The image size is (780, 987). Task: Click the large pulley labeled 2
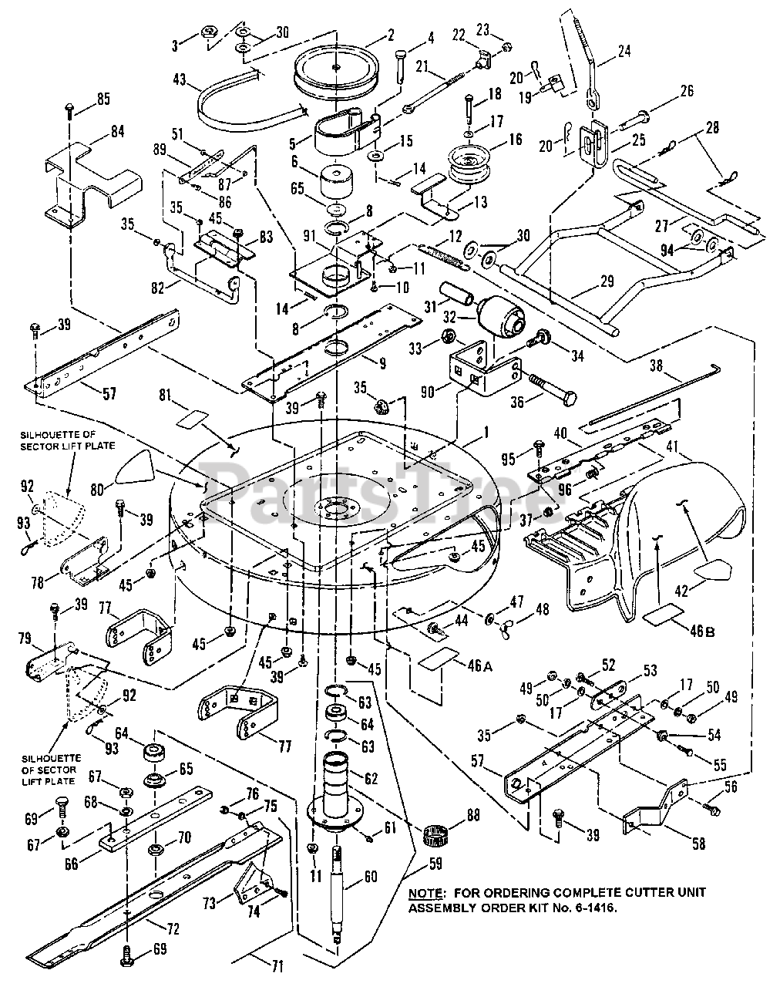[x=336, y=69]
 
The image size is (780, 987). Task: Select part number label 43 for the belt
[x=180, y=79]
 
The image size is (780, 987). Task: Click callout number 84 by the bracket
[x=117, y=132]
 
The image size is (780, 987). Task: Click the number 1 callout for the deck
[x=486, y=432]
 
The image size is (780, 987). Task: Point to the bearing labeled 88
[x=435, y=841]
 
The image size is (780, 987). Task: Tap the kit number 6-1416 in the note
[x=593, y=908]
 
